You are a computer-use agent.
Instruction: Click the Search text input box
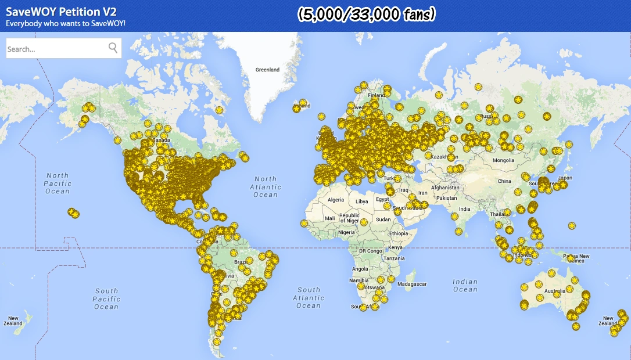(x=55, y=49)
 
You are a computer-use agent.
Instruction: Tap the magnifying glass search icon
(x=113, y=48)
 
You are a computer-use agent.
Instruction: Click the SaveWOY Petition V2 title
(x=62, y=12)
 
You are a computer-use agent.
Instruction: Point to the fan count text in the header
(x=366, y=15)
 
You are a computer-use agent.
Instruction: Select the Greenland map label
(x=267, y=70)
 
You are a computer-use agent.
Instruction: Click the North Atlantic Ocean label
(x=266, y=187)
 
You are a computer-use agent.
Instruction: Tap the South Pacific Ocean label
(x=106, y=298)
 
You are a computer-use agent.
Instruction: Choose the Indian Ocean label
(x=465, y=285)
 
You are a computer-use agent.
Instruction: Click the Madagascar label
(x=412, y=284)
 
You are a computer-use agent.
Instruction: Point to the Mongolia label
(x=503, y=160)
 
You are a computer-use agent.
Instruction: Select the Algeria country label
(x=336, y=200)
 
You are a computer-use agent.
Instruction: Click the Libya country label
(x=362, y=201)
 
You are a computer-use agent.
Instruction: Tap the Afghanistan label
(x=445, y=188)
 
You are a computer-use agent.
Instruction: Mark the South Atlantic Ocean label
(x=309, y=297)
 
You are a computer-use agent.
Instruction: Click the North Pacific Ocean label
(x=58, y=183)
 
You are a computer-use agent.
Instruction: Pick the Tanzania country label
(x=394, y=258)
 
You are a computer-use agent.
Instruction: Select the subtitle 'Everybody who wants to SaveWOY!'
(x=66, y=24)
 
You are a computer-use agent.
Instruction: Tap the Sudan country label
(x=383, y=219)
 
